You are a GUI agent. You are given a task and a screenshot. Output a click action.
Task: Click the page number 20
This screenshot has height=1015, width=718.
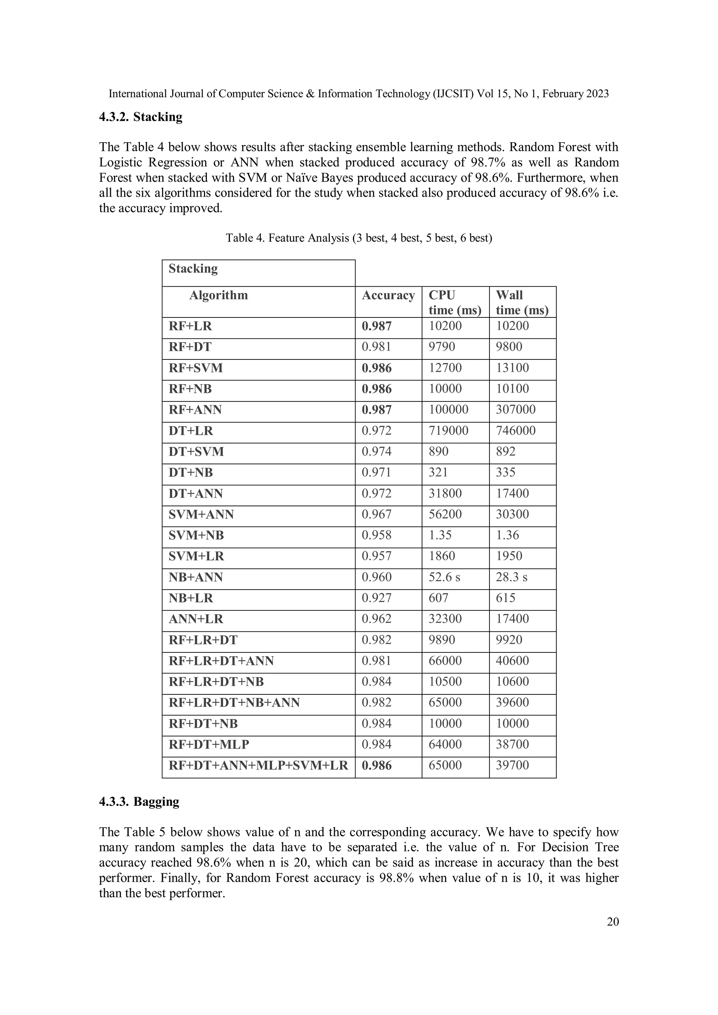point(613,922)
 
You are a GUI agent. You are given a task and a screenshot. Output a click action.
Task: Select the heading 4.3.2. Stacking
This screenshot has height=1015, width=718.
point(141,117)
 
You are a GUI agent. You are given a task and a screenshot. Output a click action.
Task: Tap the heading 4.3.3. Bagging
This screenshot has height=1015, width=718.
point(139,802)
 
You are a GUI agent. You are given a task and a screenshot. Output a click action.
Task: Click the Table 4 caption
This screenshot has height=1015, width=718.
point(359,238)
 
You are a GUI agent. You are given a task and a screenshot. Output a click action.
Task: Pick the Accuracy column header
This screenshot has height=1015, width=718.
point(388,295)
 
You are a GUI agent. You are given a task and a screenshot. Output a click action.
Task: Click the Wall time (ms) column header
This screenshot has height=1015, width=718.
point(522,302)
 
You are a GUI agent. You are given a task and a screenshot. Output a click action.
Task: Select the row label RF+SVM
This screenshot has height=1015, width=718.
point(196,368)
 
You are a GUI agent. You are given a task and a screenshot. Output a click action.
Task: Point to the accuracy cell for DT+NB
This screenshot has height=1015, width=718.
point(376,473)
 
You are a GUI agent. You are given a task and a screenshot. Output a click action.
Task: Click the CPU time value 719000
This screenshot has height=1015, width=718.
point(448,431)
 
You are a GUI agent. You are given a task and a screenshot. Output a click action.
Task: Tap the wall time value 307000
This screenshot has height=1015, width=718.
point(515,409)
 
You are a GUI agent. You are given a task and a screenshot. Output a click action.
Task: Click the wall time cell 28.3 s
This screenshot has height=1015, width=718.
point(512,577)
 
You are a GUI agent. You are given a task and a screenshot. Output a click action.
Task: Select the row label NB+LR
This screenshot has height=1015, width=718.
point(191,598)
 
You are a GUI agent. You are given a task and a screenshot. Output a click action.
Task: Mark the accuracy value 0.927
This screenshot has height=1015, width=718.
point(376,598)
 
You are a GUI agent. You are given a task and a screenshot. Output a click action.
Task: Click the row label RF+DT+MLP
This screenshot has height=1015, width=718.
point(209,745)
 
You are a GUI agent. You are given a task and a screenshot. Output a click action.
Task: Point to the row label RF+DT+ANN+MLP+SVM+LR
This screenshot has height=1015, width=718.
point(258,766)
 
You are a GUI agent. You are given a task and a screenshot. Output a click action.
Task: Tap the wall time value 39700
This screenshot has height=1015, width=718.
point(512,766)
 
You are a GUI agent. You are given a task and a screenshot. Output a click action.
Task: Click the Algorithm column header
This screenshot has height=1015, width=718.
point(218,295)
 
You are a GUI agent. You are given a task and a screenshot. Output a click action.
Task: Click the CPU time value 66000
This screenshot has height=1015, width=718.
point(445,661)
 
